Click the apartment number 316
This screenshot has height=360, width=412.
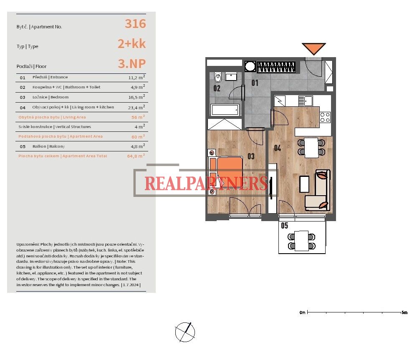[135, 24]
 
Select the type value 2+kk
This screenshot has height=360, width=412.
[131, 43]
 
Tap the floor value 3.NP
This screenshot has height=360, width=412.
[131, 63]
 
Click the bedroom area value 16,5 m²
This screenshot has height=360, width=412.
[136, 97]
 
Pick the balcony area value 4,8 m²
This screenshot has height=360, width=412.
[138, 146]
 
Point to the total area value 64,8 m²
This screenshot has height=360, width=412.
[136, 156]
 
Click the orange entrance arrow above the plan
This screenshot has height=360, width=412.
[314, 48]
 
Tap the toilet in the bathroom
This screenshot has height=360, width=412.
[218, 77]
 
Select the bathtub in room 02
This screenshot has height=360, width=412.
[225, 110]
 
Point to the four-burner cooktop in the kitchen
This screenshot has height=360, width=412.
[325, 117]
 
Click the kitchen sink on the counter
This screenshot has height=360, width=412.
[306, 101]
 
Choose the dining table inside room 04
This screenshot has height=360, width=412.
[311, 148]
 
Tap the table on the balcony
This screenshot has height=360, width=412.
[301, 241]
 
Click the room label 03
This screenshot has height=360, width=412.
[251, 156]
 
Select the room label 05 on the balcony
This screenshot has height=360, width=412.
[285, 225]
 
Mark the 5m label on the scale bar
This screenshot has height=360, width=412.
[404, 312]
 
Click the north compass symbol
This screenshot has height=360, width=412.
[185, 332]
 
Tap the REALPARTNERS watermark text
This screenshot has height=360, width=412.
[206, 183]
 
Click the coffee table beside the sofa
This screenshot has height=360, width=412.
[304, 184]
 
